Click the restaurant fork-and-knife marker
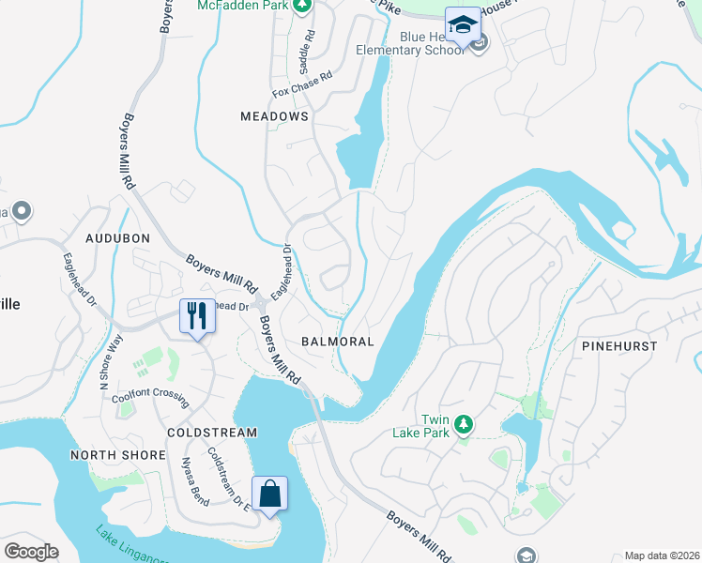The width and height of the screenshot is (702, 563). tap(196, 316)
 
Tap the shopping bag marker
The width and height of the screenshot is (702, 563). tap(269, 494)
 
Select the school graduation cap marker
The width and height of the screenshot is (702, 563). tap(462, 25)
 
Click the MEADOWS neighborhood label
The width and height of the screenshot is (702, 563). tap(274, 116)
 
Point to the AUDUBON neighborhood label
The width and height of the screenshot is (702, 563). tap(117, 238)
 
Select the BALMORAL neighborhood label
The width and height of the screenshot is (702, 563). tap(337, 342)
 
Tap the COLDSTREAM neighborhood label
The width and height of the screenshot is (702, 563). tap(211, 433)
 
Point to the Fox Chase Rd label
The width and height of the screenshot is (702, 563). tap(302, 84)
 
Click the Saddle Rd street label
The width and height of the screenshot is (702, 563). tap(303, 57)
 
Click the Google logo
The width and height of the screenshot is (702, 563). tap(31, 551)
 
